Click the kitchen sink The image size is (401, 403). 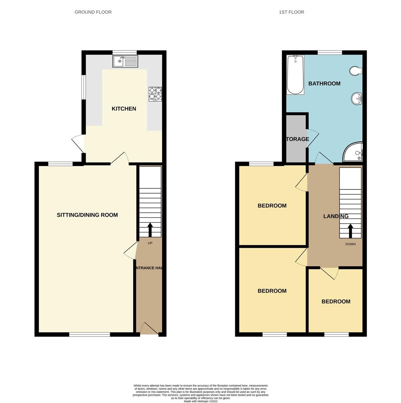pos(125,61)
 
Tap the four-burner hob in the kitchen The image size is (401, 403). pos(155,94)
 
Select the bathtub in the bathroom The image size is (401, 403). pos(295,75)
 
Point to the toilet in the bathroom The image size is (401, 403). pos(355,71)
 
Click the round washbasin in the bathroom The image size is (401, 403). pos(356,99)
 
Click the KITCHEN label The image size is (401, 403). pos(124,108)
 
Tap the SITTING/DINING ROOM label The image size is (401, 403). pos(87,215)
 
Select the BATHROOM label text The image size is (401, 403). pos(324,83)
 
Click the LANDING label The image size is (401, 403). pos(336,216)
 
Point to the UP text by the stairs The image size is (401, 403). pos(150,243)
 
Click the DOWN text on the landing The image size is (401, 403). pos(350,244)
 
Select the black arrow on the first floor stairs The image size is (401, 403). pos(350,231)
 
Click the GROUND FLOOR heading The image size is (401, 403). pos(93,12)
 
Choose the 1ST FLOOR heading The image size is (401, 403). pos(292,12)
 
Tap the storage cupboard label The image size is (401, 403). pos(297,139)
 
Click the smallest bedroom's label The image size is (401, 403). pos(336,302)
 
